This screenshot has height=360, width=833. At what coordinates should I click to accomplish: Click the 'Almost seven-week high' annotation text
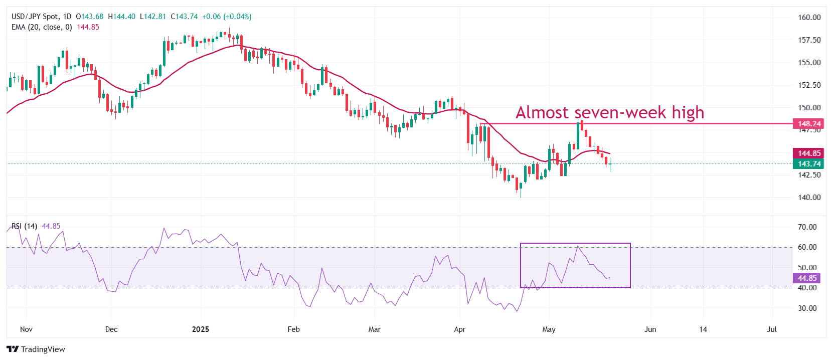609,112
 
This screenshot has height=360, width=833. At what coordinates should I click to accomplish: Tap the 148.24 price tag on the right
809,123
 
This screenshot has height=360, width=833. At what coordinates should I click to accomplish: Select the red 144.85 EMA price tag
809,153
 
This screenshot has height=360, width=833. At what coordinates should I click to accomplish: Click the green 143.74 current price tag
809,164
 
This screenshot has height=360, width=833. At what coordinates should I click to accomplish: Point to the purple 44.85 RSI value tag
807,278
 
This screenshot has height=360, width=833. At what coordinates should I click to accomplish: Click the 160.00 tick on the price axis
809,17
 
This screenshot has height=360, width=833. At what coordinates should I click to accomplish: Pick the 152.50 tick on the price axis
809,85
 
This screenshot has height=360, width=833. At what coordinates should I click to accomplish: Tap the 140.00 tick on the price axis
809,197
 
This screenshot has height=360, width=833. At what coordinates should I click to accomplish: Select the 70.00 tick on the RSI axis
807,227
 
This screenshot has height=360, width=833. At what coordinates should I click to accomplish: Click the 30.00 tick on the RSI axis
807,308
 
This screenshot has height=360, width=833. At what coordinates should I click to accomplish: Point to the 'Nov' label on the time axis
26,329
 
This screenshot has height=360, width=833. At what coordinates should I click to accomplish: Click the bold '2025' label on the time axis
201,329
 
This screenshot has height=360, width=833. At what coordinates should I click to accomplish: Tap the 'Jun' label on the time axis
650,329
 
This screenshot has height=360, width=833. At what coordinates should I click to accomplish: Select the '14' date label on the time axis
703,329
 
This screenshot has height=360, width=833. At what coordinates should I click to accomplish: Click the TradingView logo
36,349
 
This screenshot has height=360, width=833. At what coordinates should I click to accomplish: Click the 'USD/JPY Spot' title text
34,17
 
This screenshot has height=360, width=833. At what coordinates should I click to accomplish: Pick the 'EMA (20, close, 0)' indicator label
42,27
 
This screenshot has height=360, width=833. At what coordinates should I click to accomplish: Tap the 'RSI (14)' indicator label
24,226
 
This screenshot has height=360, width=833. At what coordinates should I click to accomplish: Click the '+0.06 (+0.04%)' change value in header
227,17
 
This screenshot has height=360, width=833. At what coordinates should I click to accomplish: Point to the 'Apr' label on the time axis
459,329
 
